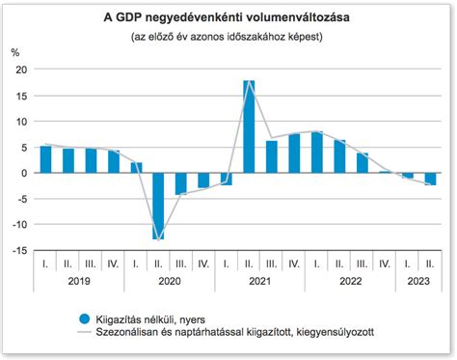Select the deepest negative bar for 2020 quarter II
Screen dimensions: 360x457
[x=157, y=206]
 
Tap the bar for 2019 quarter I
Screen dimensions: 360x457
[x=45, y=159]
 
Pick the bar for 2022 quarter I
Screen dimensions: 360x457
[x=317, y=152]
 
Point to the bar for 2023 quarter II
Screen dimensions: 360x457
[x=430, y=179]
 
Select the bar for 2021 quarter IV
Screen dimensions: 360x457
[x=294, y=153]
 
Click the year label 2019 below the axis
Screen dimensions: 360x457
[x=79, y=283]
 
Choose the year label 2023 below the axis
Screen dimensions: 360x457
[x=418, y=283]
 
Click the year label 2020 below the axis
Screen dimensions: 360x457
[x=170, y=283]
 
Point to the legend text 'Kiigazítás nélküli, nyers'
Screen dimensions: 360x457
[x=149, y=318]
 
